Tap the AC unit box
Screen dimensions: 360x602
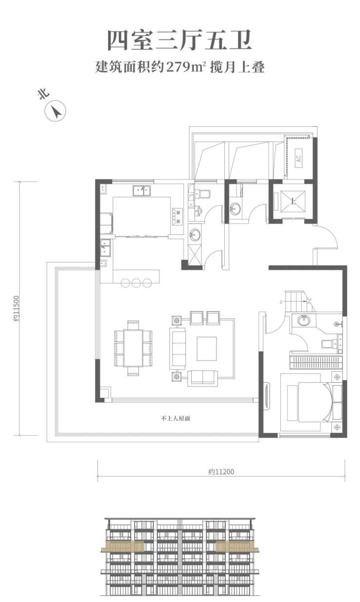tap(299, 159)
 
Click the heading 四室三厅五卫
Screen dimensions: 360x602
tap(180, 40)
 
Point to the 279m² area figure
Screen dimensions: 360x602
tap(186, 67)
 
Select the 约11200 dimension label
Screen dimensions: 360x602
tap(221, 472)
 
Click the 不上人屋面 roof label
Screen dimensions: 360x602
tap(176, 419)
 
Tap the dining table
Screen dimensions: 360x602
tap(133, 348)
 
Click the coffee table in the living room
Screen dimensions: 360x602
tap(206, 349)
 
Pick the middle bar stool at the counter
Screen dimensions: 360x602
tap(136, 283)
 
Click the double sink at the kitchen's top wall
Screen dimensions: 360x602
tap(142, 191)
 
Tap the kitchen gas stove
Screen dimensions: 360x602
tap(177, 216)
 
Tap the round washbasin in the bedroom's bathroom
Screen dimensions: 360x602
tap(304, 320)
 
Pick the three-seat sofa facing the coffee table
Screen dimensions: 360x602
tap(178, 348)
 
